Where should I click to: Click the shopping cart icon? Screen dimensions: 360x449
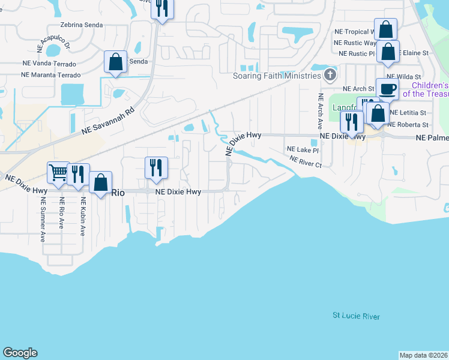(x=58, y=173)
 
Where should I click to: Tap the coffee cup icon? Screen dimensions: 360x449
(x=387, y=89)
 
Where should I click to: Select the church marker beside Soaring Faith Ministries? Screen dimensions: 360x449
(x=330, y=76)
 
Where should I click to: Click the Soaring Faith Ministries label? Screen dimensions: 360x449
(x=277, y=76)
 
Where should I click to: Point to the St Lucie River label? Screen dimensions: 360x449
(x=357, y=316)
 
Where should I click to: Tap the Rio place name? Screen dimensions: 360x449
(x=118, y=192)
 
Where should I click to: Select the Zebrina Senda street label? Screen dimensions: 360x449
(x=82, y=25)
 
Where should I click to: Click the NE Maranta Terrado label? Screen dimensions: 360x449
(x=50, y=75)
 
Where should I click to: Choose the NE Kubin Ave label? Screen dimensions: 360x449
(x=82, y=217)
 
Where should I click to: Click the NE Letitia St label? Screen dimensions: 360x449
(x=408, y=112)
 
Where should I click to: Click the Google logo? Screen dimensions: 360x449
(x=20, y=353)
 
